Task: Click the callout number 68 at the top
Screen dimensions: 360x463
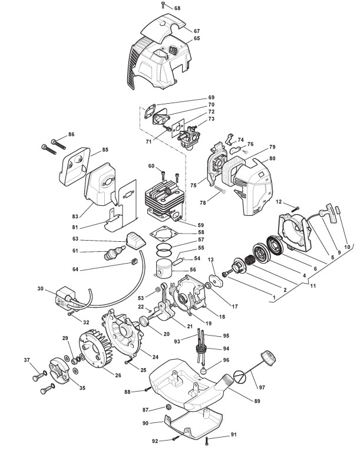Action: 177,8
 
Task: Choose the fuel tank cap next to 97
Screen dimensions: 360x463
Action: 268,357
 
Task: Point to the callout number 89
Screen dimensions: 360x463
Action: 257,401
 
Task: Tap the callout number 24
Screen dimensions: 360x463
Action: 156,357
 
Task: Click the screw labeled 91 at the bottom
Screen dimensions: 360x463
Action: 207,441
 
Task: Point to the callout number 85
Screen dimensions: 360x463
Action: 105,150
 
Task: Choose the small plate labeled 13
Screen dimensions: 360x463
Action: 216,281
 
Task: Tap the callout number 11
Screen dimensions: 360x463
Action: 313,286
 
